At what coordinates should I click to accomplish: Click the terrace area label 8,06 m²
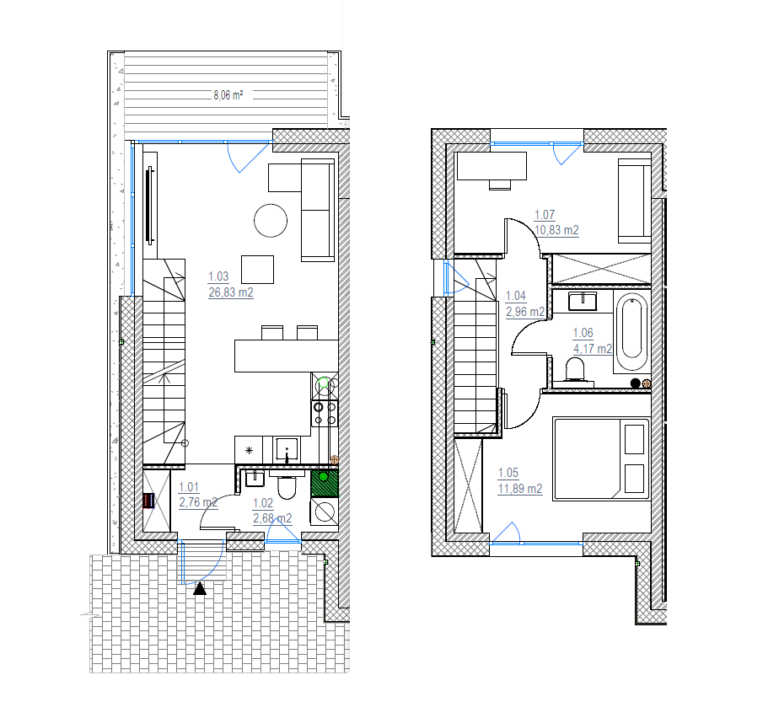[x=228, y=95]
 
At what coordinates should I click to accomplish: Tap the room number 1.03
[x=218, y=276]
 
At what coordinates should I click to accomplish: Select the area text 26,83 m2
[x=230, y=292]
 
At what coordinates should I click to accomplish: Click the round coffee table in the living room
[x=271, y=221]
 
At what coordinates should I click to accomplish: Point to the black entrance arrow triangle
[x=200, y=589]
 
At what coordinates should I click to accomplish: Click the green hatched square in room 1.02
[x=325, y=484]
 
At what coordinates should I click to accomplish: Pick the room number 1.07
[x=544, y=215]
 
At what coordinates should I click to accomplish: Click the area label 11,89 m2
[x=519, y=489]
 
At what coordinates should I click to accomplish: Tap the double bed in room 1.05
[x=601, y=459]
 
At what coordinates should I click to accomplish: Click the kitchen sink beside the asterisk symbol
[x=287, y=449]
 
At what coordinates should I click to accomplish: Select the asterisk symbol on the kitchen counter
[x=249, y=450]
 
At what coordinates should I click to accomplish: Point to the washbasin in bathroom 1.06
[x=583, y=302]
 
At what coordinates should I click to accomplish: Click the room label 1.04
[x=515, y=296]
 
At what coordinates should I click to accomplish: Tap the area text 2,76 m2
[x=198, y=502]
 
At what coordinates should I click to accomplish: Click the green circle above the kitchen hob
[x=324, y=383]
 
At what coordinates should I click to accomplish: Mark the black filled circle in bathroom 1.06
[x=635, y=383]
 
